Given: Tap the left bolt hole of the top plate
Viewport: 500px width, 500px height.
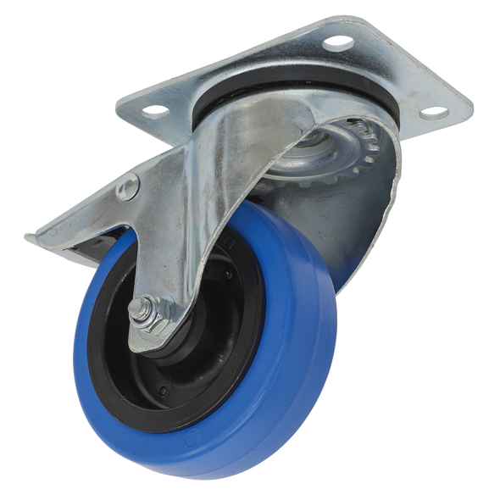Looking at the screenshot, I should [x=156, y=110].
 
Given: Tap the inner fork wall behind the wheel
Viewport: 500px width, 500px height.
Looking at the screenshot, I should [x=364, y=220].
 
